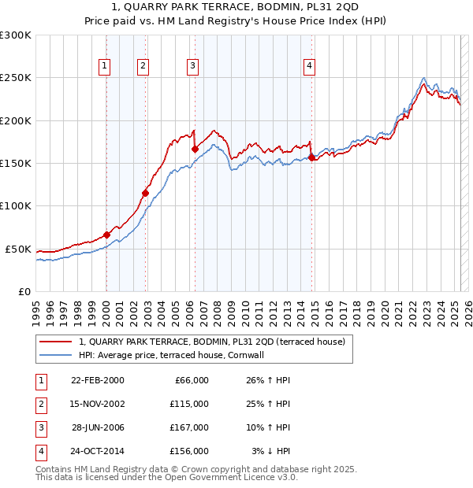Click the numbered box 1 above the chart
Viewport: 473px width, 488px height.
tap(105, 66)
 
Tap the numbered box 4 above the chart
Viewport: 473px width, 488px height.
tap(310, 66)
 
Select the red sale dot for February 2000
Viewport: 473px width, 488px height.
tap(106, 235)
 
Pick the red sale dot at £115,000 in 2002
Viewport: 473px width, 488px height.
tap(145, 193)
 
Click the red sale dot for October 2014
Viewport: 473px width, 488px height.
tap(311, 157)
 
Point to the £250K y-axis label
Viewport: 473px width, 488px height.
tap(16, 78)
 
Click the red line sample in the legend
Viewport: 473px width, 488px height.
tap(54, 342)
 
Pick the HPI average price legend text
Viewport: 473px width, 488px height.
tap(170, 355)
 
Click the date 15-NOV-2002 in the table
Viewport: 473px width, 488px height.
tap(98, 404)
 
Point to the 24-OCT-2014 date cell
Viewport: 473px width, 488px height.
tap(98, 451)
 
